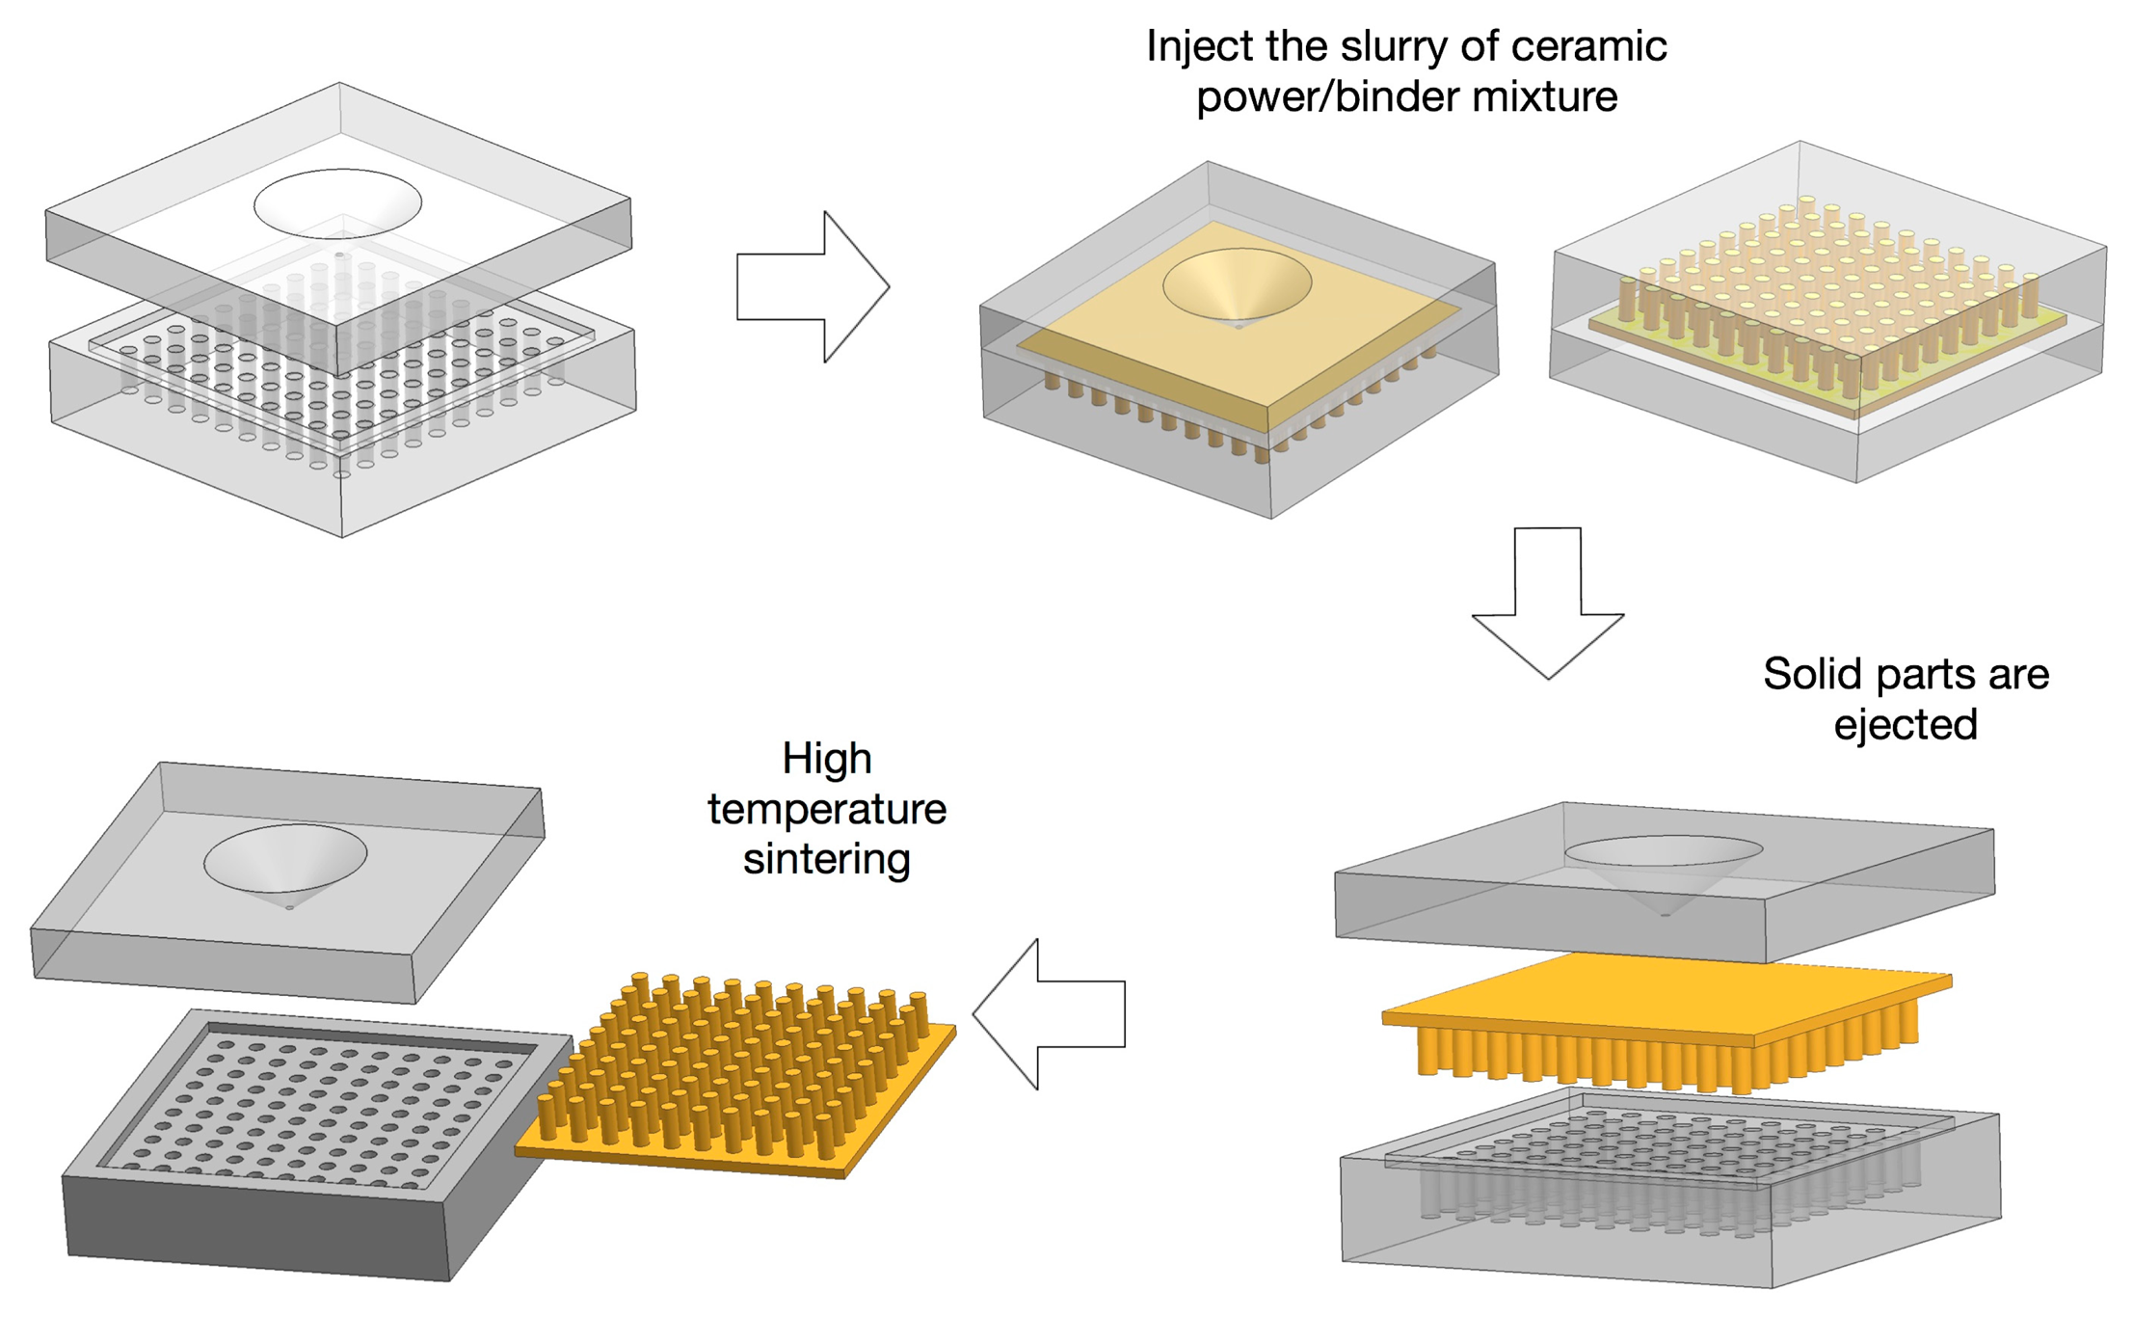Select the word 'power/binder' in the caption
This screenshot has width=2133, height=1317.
point(1330,97)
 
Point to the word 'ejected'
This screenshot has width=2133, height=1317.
point(1905,725)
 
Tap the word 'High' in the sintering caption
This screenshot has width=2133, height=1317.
point(826,759)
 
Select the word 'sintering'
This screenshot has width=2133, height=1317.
point(826,859)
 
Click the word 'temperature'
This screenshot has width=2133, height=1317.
point(826,809)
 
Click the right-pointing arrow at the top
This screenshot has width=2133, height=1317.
point(813,286)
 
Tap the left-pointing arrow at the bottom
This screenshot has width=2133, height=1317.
point(1049,1014)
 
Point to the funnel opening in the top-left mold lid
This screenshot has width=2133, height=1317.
point(337,204)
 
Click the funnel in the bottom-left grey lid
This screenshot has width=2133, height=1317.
point(285,861)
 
